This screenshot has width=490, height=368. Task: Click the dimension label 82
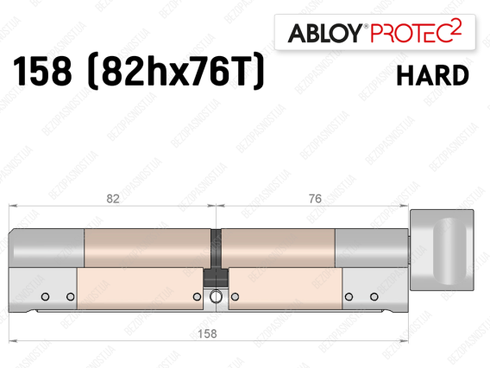click(113, 199)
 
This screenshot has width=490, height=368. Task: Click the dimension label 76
click(315, 199)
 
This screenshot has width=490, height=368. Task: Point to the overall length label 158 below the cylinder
click(207, 333)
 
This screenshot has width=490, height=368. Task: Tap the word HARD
click(433, 75)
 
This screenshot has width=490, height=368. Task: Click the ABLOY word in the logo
click(325, 33)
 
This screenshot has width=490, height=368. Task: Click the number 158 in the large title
click(42, 71)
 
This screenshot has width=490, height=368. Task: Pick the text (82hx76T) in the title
click(176, 72)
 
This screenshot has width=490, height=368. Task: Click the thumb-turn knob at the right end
click(442, 250)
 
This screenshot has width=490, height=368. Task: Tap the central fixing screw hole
click(216, 296)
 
